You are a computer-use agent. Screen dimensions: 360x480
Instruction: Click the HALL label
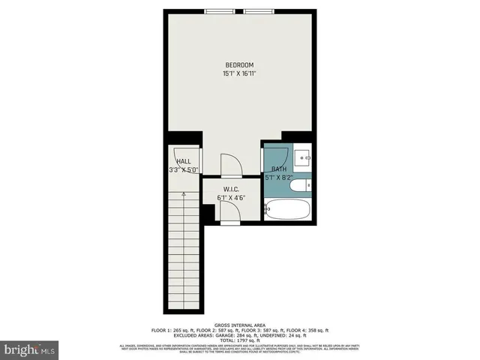183,161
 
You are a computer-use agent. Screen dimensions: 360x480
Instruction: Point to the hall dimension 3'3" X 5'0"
183,170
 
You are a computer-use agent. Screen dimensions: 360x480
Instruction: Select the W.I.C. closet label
231,189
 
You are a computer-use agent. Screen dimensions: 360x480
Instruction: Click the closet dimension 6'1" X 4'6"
231,198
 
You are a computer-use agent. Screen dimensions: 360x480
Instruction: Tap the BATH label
278,169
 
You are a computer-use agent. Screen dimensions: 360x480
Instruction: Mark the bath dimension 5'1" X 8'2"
279,178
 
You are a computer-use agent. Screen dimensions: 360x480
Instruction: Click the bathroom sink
304,157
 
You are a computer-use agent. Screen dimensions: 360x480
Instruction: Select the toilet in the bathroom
301,184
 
